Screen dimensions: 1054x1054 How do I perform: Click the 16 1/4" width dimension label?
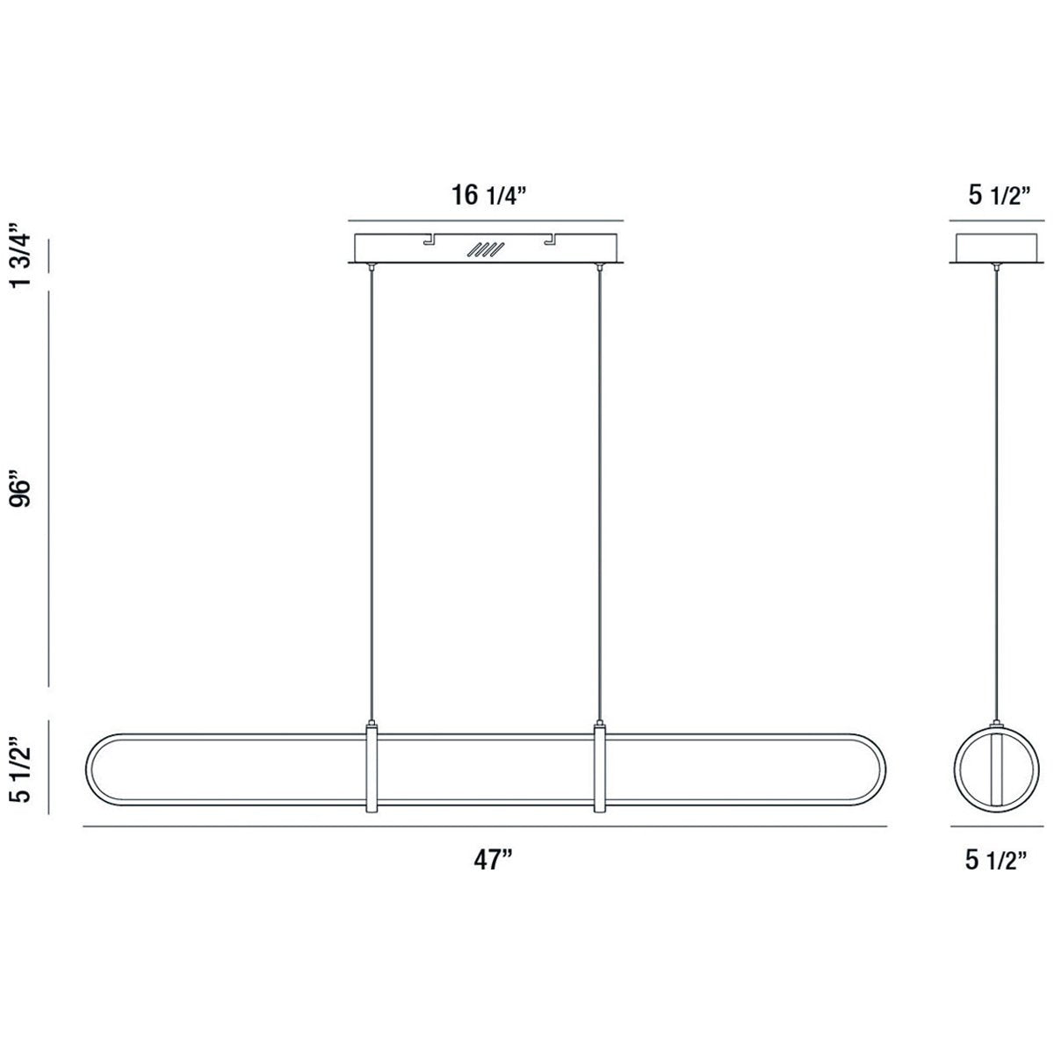[488, 195]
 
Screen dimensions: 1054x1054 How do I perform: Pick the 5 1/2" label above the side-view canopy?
[998, 195]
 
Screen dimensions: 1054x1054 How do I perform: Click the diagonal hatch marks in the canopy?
[486, 249]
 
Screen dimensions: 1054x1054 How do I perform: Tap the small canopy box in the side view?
[996, 247]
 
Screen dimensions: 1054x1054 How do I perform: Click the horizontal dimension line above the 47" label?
[485, 827]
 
